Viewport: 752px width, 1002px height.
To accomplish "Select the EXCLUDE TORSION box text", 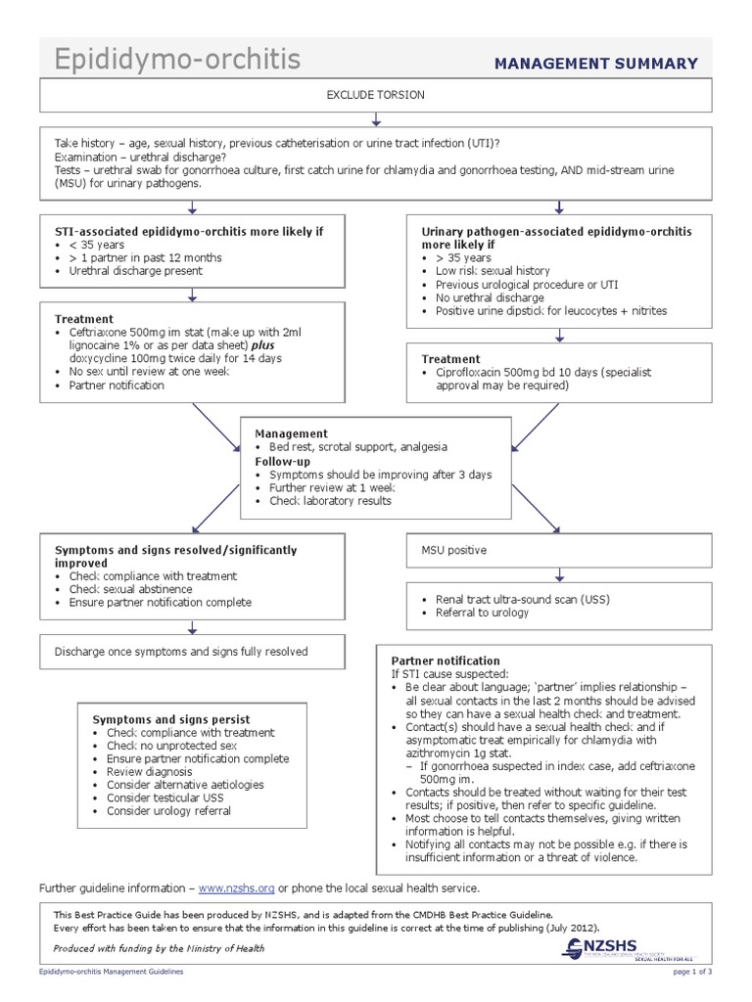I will pos(376,96).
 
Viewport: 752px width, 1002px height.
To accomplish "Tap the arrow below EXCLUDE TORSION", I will pos(376,119).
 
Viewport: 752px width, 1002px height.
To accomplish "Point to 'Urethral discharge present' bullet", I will pos(135,271).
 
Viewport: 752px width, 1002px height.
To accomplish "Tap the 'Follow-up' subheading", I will pos(284,460).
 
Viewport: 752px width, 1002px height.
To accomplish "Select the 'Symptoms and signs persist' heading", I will pos(164,717).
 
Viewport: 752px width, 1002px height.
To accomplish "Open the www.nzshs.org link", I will pos(236,888).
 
